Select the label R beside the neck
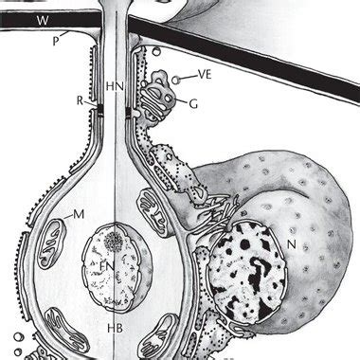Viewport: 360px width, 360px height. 81,98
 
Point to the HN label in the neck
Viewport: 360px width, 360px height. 115,86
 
